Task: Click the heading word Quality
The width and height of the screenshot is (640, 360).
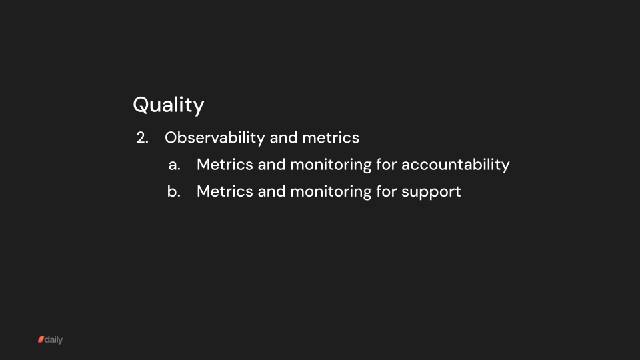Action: pyautogui.click(x=169, y=105)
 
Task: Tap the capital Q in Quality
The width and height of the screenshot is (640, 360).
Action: pyautogui.click(x=141, y=105)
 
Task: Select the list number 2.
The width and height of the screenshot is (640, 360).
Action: pyautogui.click(x=141, y=138)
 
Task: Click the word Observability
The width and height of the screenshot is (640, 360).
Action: pyautogui.click(x=215, y=138)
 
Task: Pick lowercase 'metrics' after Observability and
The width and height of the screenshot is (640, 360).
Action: pyautogui.click(x=331, y=138)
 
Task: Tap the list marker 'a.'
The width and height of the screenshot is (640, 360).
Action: pyautogui.click(x=175, y=165)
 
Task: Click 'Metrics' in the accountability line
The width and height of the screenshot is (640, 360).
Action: pyautogui.click(x=225, y=165)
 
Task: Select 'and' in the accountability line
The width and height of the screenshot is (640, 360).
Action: pyautogui.click(x=271, y=165)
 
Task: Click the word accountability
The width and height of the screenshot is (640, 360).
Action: pyautogui.click(x=455, y=165)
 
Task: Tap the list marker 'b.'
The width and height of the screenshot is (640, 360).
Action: pyautogui.click(x=175, y=191)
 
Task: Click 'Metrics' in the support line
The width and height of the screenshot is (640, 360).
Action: pyautogui.click(x=225, y=191)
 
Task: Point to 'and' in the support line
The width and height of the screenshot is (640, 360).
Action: pyautogui.click(x=271, y=191)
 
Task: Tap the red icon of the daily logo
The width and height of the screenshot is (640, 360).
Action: pyautogui.click(x=41, y=340)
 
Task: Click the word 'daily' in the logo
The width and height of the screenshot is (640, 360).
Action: pyautogui.click(x=54, y=340)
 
